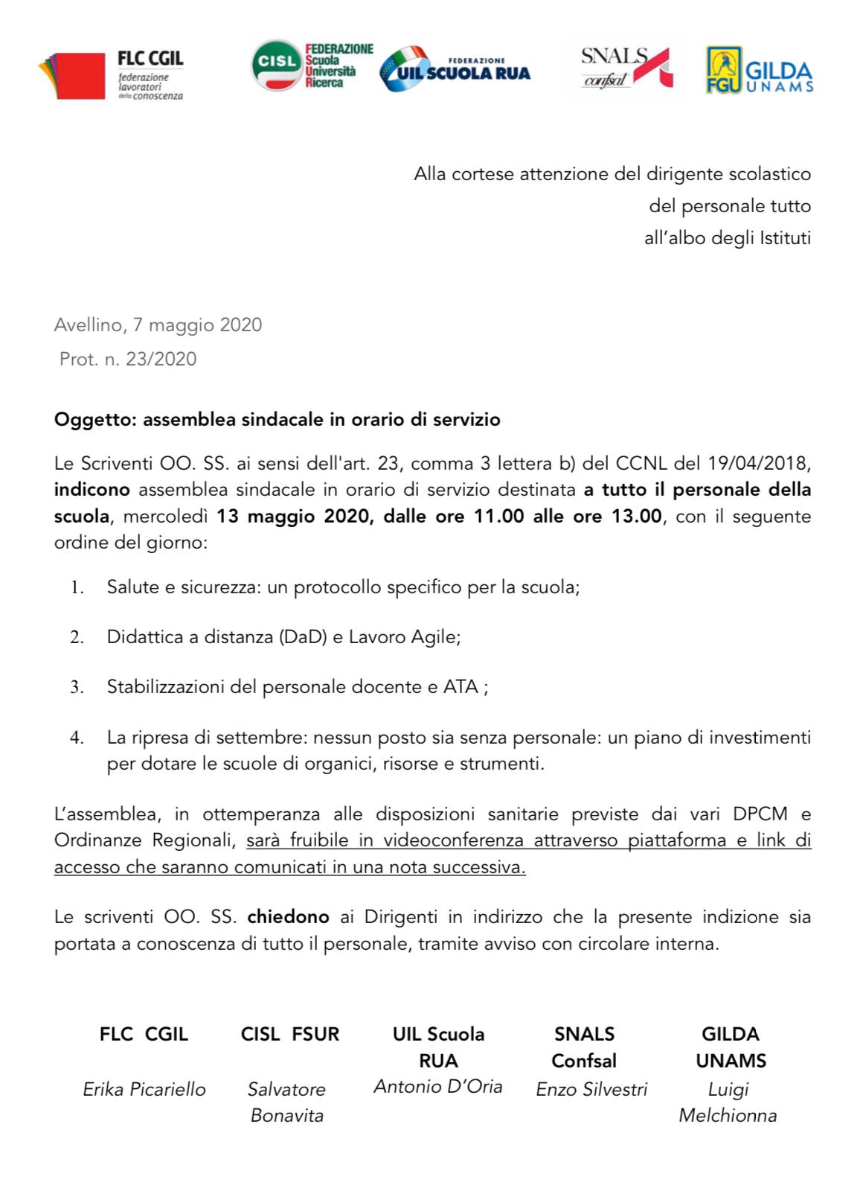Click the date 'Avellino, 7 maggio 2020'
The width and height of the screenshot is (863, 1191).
tap(158, 325)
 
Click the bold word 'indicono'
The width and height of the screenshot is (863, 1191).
tap(92, 490)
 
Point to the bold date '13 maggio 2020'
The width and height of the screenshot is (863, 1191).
tap(294, 516)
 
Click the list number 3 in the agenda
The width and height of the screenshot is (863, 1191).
tap(75, 686)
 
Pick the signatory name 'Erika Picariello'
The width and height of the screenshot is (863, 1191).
tap(144, 1089)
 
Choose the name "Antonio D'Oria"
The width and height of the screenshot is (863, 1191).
tap(437, 1086)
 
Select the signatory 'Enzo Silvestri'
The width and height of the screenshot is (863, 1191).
tap(591, 1089)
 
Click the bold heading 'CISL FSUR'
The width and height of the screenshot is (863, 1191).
tap(289, 1034)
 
